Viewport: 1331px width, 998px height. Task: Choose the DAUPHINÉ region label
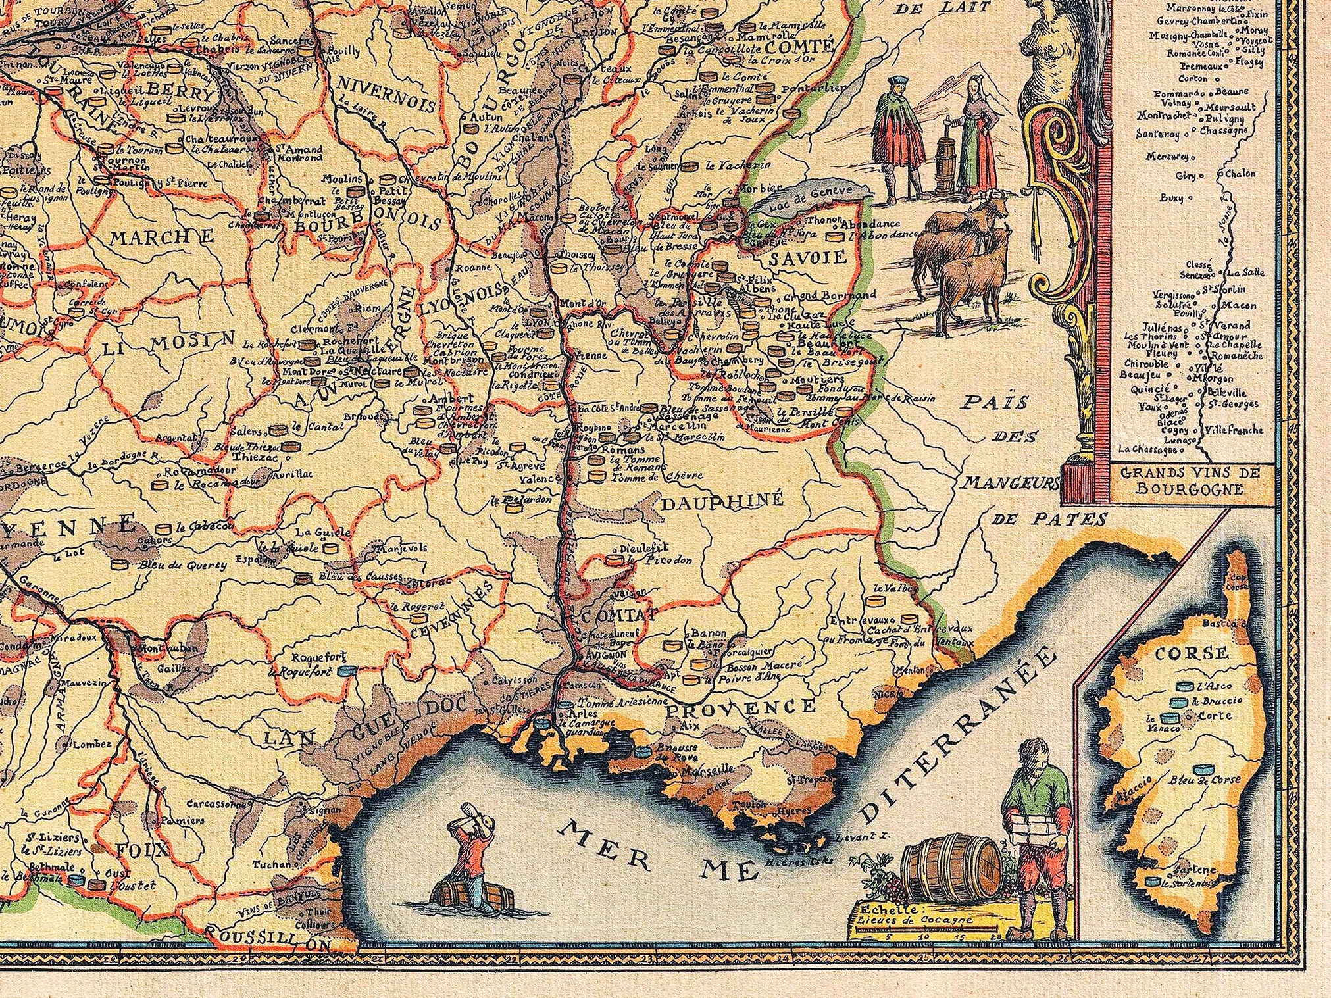(x=722, y=502)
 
